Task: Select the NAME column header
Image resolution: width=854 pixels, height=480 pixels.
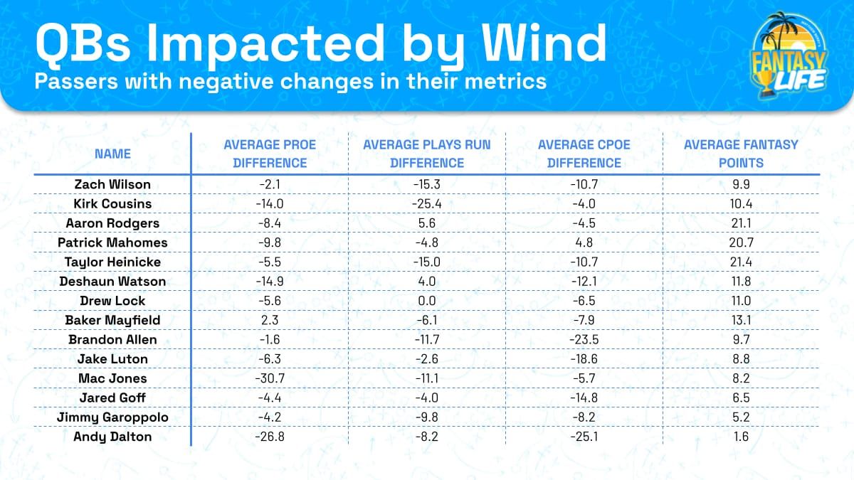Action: point(112,154)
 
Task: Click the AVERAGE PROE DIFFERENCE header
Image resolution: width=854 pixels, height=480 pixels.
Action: point(270,154)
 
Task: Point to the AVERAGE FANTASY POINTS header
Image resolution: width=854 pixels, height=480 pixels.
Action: point(741,154)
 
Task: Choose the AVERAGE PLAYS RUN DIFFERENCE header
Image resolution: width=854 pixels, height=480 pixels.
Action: point(427,154)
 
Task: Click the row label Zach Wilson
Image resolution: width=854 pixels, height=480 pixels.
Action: point(112,184)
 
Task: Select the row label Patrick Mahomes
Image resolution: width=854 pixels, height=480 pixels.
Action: point(112,242)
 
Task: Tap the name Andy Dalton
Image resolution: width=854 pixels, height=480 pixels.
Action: point(112,437)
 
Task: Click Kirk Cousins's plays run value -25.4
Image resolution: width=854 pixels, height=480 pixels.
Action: point(427,203)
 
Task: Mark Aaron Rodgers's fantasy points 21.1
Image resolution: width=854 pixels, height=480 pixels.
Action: point(741,223)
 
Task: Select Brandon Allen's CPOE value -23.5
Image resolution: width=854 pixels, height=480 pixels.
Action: point(584,339)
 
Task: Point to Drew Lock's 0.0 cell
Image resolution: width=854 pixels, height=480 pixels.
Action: point(427,301)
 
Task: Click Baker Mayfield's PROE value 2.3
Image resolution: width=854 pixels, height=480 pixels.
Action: point(270,320)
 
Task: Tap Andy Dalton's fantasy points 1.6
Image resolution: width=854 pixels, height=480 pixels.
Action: point(741,437)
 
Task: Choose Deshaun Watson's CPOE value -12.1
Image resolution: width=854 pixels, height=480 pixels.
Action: point(584,282)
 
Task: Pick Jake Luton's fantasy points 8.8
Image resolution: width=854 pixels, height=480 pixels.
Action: point(741,359)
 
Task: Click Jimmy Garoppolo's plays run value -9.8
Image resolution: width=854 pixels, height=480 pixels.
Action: point(427,417)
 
